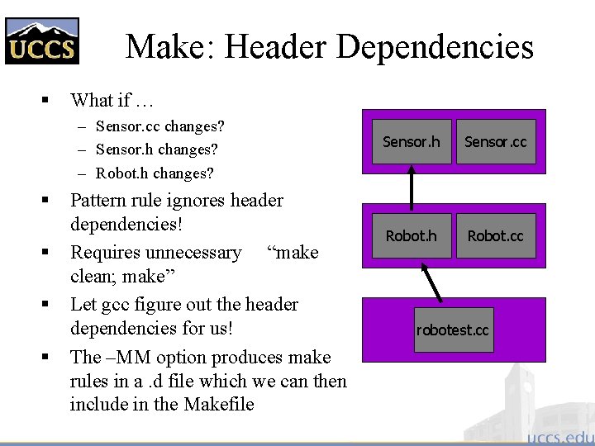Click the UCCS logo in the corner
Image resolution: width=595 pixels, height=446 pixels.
(x=42, y=40)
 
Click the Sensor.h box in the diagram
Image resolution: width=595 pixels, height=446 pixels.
(x=411, y=142)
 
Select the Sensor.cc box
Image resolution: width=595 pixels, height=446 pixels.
(x=495, y=142)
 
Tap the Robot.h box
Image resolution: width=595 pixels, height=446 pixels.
(x=411, y=236)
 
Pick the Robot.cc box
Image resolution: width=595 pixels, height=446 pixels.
(x=495, y=236)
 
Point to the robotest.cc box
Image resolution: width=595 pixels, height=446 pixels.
(x=453, y=330)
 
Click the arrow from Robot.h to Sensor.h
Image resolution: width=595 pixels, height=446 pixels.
(x=412, y=188)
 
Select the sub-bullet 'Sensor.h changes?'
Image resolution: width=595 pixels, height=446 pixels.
(x=157, y=149)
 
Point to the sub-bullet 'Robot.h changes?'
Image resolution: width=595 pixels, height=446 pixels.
(x=155, y=173)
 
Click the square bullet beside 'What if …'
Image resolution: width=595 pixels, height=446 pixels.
(x=46, y=101)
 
